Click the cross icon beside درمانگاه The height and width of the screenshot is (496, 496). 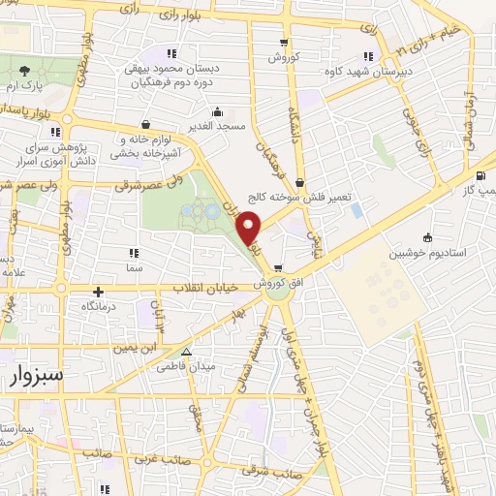click(x=97, y=291)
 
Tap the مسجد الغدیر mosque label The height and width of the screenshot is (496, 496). click(x=218, y=126)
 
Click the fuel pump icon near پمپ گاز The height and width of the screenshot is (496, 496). click(x=481, y=175)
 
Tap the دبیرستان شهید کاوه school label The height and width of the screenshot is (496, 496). click(x=368, y=70)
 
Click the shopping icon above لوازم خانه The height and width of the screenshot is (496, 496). click(x=145, y=124)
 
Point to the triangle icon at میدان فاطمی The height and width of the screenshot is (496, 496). click(x=187, y=353)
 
